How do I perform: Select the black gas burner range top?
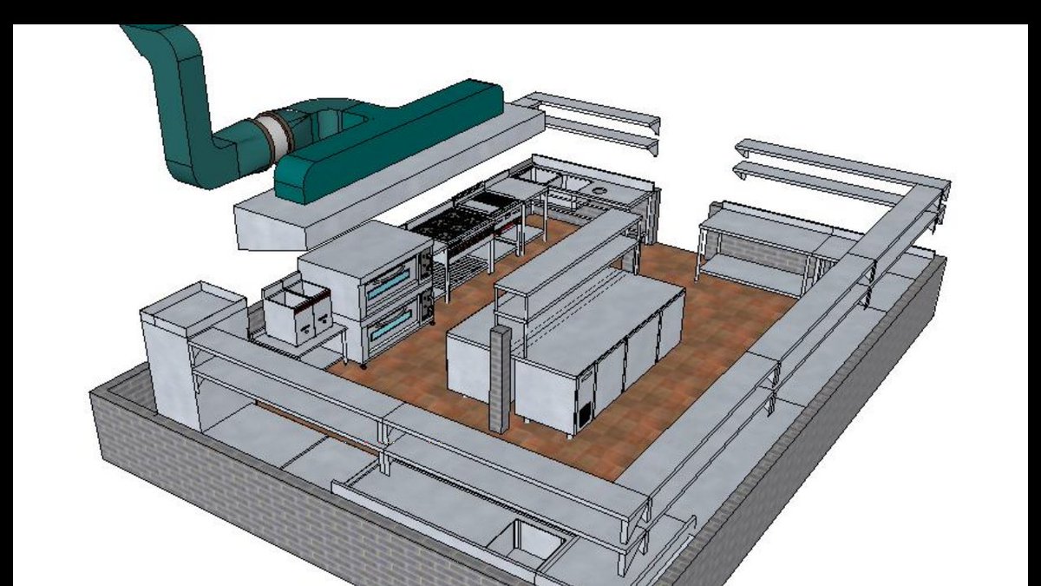point(451,223)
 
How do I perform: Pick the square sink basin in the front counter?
point(529,540)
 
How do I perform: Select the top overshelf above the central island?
point(568,247)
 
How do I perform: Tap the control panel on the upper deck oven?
point(426,265)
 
